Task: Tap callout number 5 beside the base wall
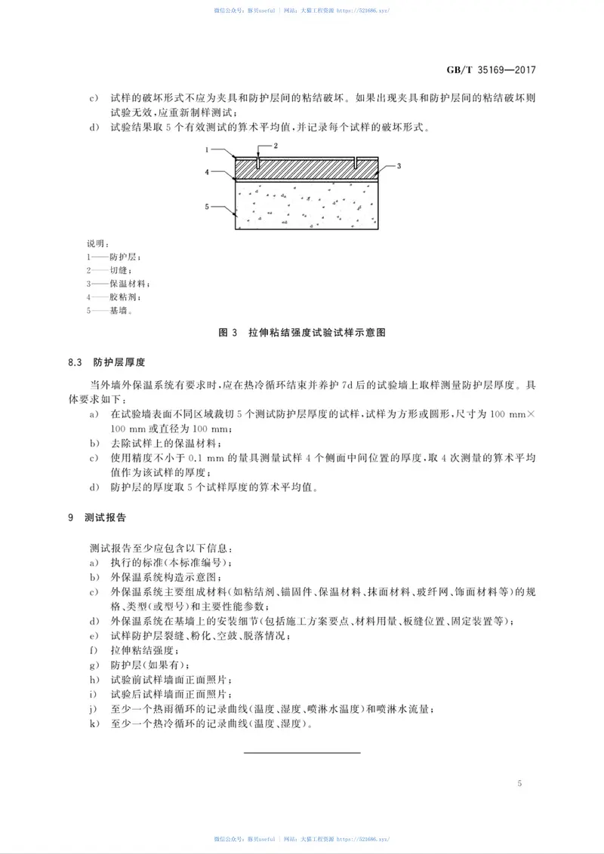click(x=206, y=205)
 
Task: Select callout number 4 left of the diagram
click(x=206, y=172)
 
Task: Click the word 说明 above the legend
click(x=98, y=244)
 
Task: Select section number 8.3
click(x=73, y=362)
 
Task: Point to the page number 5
click(x=519, y=784)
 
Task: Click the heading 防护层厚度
click(x=119, y=362)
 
